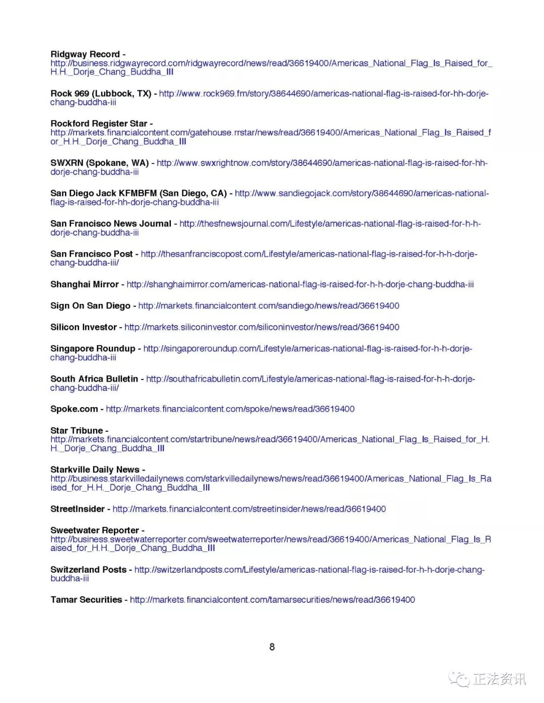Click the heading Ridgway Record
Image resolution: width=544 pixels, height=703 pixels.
pos(85,54)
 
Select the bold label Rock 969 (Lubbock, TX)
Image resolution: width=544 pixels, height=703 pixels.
pos(101,94)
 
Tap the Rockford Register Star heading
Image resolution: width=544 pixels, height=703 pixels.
pos(99,124)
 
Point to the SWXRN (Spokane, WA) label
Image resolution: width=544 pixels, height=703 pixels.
pos(99,163)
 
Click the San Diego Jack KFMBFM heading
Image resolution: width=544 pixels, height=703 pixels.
pos(139,193)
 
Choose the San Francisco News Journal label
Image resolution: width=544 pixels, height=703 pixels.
pos(111,224)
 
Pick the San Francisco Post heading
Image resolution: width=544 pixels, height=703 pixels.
pos(92,254)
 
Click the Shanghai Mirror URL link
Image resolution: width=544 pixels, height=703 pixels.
pos(300,285)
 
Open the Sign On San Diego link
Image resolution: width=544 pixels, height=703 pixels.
pos(268,306)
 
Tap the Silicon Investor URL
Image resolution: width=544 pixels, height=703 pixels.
pos(261,328)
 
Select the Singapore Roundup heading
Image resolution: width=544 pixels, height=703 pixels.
pos(93,349)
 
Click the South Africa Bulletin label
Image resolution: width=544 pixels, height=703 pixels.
pos(94,379)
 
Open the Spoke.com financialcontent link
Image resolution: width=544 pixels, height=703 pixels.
pos(230,409)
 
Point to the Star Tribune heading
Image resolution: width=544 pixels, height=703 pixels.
pos(77,431)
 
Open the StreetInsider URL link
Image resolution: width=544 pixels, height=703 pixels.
pos(249,509)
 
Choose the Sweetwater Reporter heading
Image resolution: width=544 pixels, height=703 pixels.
pos(95,530)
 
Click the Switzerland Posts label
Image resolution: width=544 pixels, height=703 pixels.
pos(88,570)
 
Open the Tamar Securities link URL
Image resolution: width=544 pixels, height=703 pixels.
pos(272,600)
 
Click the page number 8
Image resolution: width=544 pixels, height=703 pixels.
pos(272,647)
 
